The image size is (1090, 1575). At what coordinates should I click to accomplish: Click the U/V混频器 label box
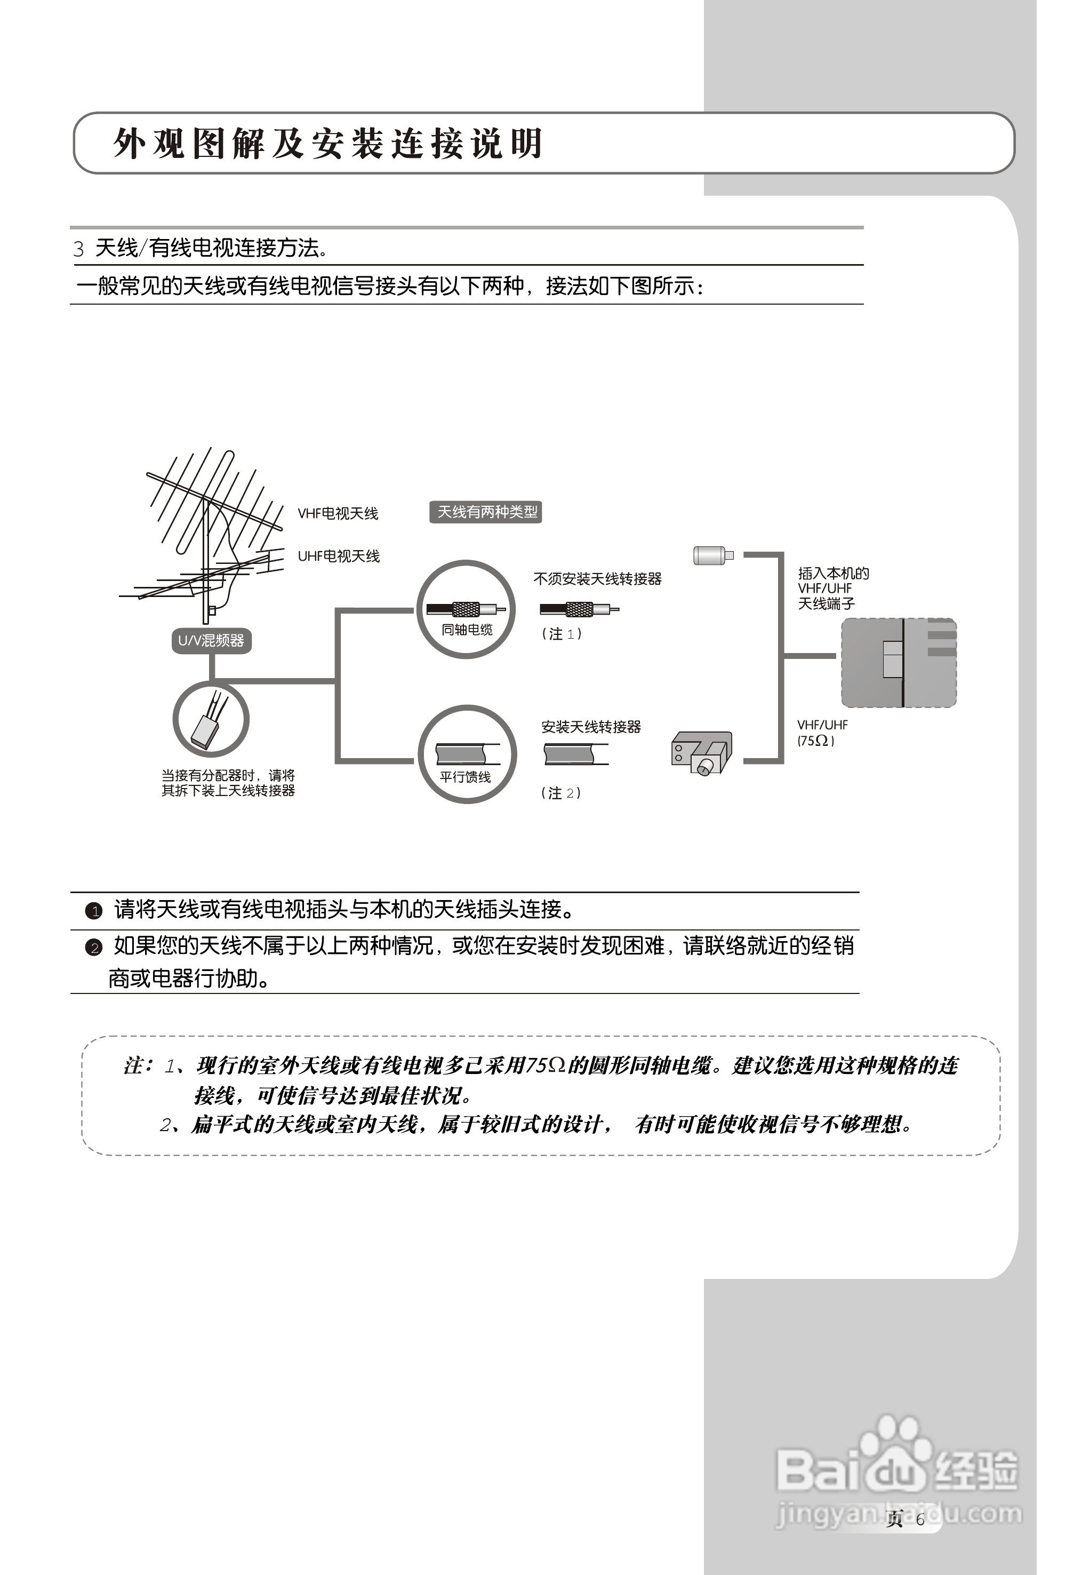211,641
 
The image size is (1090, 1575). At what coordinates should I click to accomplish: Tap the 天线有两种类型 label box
486,512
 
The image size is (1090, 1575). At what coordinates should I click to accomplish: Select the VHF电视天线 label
338,514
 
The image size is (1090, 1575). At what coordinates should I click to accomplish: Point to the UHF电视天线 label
338,556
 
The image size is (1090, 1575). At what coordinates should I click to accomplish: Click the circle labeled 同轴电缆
467,609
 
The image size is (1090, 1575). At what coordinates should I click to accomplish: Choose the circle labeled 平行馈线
467,754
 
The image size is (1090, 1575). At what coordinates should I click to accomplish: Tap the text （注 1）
562,634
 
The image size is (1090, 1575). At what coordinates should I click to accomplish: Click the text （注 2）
560,793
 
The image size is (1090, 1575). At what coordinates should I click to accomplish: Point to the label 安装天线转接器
591,727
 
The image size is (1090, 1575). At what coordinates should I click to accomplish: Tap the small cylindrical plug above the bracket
712,555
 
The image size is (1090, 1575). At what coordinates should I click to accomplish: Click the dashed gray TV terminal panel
898,663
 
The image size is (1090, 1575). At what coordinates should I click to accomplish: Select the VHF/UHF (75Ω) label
822,733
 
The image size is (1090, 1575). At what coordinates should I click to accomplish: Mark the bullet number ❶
93,911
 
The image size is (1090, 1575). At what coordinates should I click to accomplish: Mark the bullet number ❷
93,948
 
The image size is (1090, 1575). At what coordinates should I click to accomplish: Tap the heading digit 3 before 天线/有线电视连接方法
78,249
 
